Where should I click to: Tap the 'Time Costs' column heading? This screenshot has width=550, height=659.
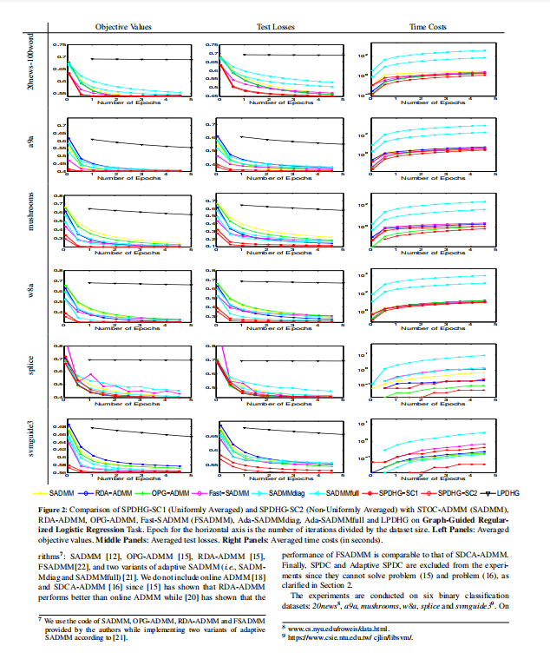tap(429, 28)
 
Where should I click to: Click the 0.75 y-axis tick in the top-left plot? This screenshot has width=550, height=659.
tap(60, 44)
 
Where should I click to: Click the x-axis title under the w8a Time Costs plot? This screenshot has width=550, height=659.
tap(428, 328)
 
